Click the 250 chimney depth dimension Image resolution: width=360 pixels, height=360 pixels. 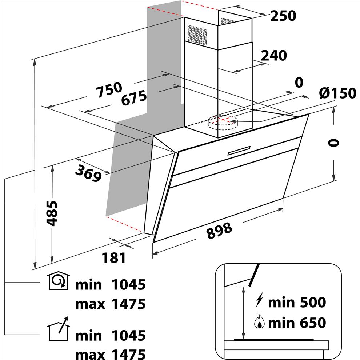click(283, 16)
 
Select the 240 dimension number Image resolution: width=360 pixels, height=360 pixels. click(274, 56)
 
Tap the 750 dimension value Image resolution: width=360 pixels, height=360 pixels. click(109, 89)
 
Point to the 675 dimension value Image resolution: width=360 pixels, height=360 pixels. click(134, 98)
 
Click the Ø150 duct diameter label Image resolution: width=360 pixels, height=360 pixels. click(337, 93)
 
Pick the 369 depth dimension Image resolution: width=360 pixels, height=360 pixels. click(88, 173)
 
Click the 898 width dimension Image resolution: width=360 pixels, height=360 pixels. click(219, 231)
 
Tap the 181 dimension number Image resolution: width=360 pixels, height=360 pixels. click(114, 257)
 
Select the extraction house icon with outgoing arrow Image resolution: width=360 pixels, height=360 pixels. click(58, 329)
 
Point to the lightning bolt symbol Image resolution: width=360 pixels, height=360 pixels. click(259, 300)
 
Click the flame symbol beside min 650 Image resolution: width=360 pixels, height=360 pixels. click(259, 321)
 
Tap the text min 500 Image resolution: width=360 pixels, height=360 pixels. click(297, 303)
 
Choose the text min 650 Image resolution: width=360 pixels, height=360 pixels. click(297, 323)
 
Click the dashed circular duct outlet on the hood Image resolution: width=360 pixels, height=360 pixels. click(223, 123)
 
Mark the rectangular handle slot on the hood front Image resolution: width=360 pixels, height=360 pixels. click(239, 151)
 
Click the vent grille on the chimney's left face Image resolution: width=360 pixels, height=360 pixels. click(197, 35)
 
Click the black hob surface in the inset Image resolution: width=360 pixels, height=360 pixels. click(274, 340)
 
